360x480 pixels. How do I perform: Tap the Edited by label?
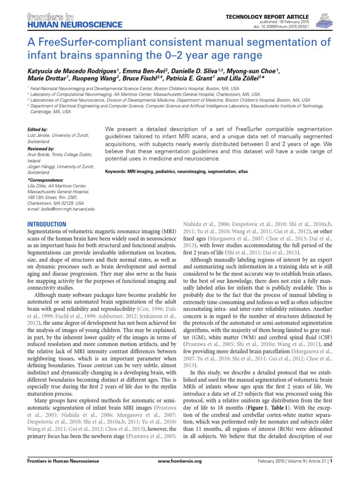tap(37, 128)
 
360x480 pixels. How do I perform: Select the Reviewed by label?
tap(41, 148)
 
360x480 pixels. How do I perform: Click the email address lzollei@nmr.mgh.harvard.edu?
tap(61, 208)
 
